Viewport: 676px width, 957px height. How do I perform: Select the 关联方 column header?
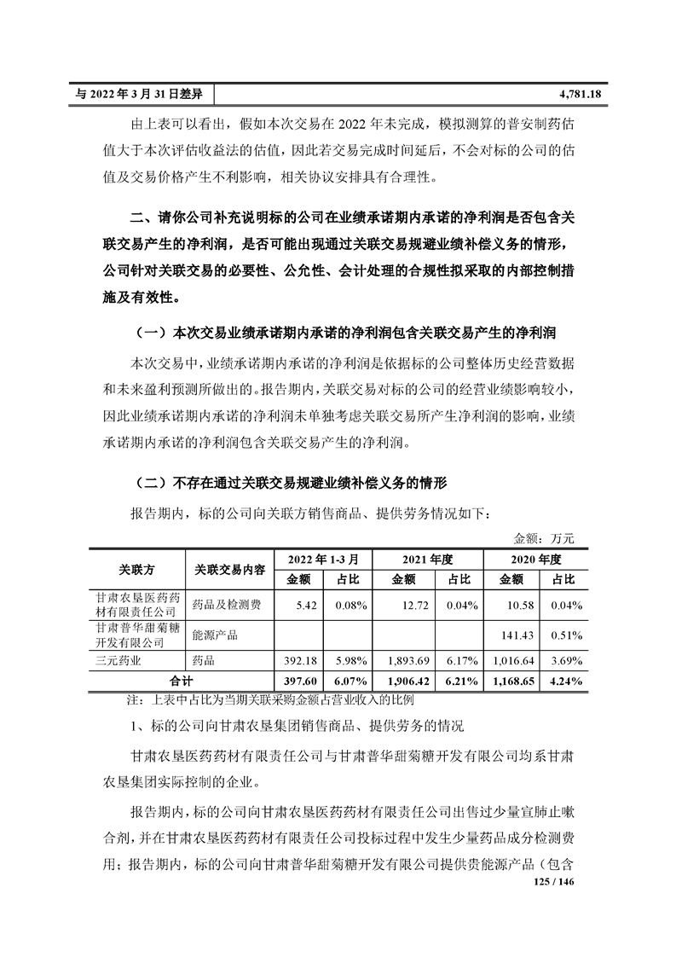pyautogui.click(x=136, y=569)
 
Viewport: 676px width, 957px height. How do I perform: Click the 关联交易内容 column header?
pyautogui.click(x=228, y=569)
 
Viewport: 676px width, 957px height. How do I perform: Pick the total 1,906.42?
pyautogui.click(x=406, y=681)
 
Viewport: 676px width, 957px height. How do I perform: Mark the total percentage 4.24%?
pyautogui.click(x=566, y=681)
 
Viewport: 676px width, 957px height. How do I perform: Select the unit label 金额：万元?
pyautogui.click(x=545, y=539)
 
